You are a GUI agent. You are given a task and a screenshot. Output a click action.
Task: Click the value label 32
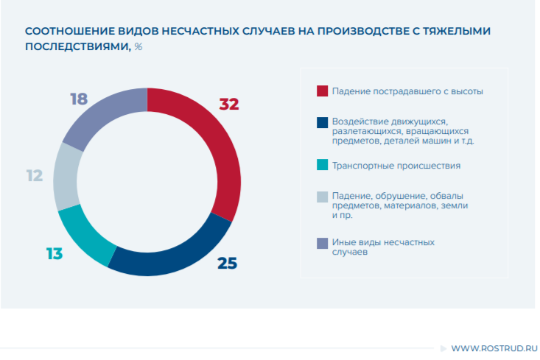[x=229, y=104]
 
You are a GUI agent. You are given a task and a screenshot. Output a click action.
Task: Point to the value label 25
[x=227, y=262]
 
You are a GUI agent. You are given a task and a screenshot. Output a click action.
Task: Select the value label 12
[x=34, y=176]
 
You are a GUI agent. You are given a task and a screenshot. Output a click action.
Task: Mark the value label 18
[x=79, y=98]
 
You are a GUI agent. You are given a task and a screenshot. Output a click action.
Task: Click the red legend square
[x=322, y=91]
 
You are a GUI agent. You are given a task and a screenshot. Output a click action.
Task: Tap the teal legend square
[x=322, y=165]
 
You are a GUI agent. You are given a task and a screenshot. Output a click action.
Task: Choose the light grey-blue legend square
[x=322, y=197]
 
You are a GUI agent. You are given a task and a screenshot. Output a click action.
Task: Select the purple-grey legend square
[x=322, y=242]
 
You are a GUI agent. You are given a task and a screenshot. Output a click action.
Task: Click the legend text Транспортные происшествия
[x=396, y=166]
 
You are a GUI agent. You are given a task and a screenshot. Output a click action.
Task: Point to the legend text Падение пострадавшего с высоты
[x=407, y=91]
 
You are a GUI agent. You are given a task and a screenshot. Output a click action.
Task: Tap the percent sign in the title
[x=138, y=46]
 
